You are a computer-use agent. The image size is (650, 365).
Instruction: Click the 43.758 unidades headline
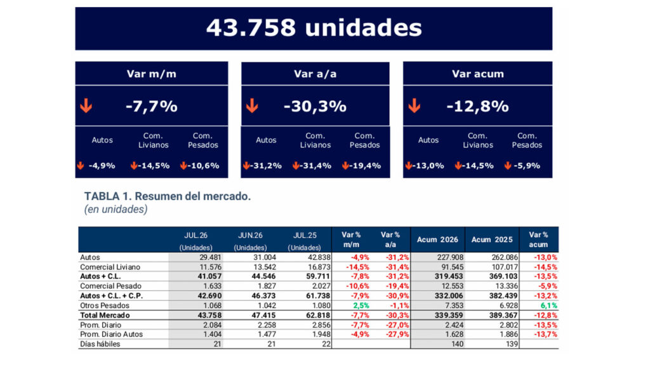pos(314,28)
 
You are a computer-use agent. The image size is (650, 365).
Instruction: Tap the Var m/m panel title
pos(151,74)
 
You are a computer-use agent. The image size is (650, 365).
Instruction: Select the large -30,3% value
pos(315,106)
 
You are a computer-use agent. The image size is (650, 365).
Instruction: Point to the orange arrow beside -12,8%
pos(414,106)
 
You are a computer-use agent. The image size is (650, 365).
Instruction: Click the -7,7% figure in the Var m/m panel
pos(151,106)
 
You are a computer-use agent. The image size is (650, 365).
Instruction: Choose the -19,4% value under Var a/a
pos(365,165)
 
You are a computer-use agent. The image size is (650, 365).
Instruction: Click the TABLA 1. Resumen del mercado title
pos(168,196)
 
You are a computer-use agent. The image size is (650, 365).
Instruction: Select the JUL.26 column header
pos(196,236)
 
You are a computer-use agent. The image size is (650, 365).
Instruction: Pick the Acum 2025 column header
pos(492,240)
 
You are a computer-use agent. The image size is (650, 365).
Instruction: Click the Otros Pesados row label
pos(105,305)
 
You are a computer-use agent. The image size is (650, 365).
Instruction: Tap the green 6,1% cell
pos(549,305)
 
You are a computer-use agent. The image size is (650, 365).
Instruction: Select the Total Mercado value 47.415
pos(263,316)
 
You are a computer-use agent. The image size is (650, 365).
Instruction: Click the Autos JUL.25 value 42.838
pos(317,257)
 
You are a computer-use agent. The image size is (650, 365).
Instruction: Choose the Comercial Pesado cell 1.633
pos(212,286)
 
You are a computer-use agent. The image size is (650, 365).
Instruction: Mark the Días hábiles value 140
pos(457,344)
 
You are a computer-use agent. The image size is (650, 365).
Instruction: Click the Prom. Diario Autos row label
pos(111,334)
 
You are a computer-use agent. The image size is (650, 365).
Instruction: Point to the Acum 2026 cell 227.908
pos(450,257)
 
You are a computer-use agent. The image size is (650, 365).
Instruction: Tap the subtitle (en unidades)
pos(116,209)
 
